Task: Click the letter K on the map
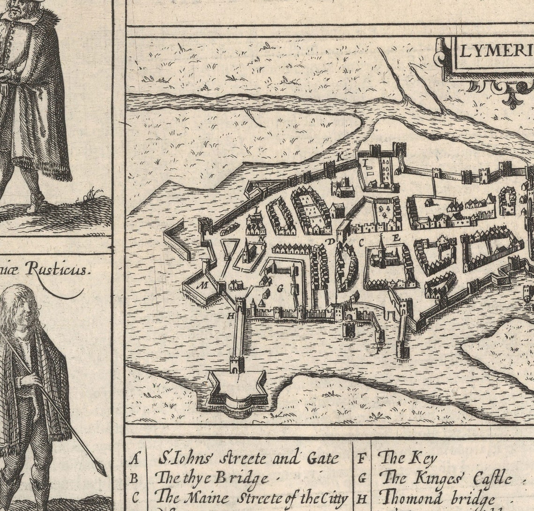[x=340, y=155]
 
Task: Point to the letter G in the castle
[x=280, y=289]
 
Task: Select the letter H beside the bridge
[x=230, y=316]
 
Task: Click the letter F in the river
[x=379, y=349]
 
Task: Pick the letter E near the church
[x=396, y=238]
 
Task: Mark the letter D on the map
[x=330, y=241]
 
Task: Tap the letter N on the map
[x=261, y=238]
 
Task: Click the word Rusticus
[x=56, y=269]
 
